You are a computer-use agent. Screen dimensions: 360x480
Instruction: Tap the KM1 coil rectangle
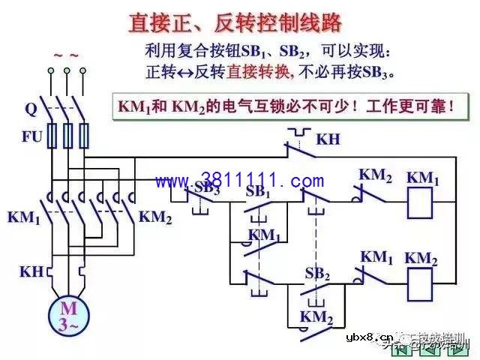click(x=423, y=203)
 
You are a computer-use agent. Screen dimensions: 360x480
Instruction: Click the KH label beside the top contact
click(x=328, y=139)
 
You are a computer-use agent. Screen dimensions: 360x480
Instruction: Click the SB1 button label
click(x=259, y=190)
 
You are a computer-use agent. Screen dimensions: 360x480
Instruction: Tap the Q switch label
click(x=31, y=109)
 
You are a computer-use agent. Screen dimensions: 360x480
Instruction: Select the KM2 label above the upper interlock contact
click(x=375, y=175)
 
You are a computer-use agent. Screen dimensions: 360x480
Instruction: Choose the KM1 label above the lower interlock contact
click(x=376, y=257)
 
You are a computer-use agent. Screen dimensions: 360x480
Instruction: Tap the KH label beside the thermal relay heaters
click(x=31, y=271)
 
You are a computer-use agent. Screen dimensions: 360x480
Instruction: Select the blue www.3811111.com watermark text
click(x=240, y=181)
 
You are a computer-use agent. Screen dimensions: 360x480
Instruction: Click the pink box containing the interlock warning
click(x=286, y=106)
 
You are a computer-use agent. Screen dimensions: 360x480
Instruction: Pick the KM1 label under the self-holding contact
click(x=264, y=235)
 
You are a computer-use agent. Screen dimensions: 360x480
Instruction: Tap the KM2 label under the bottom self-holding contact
click(x=316, y=317)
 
